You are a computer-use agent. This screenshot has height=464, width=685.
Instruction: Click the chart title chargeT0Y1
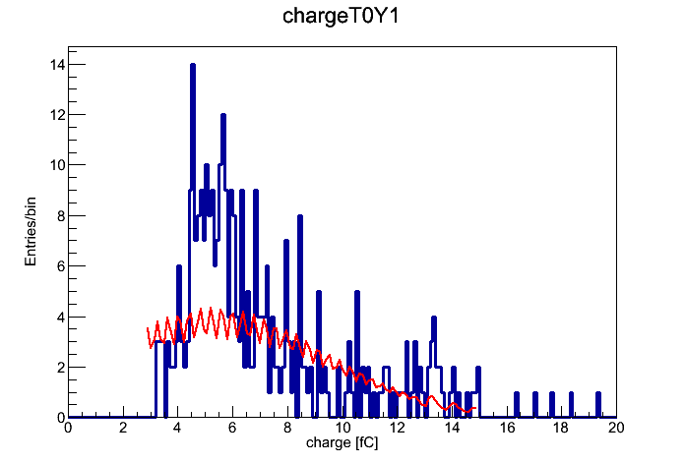click(x=341, y=17)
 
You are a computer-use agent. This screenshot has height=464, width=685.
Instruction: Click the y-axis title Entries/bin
click(x=31, y=232)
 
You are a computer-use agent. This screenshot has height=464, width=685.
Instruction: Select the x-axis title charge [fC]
click(x=342, y=442)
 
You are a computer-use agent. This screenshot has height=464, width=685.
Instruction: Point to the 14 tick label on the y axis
click(x=57, y=65)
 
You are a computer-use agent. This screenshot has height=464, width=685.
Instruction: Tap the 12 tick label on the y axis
click(x=57, y=115)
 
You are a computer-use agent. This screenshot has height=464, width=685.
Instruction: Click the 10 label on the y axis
click(x=57, y=165)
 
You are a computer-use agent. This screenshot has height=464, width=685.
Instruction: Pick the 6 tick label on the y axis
click(x=61, y=266)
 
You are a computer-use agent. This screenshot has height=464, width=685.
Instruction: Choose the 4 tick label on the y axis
click(x=61, y=318)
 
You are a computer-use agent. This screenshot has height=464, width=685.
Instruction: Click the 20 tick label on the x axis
click(x=616, y=428)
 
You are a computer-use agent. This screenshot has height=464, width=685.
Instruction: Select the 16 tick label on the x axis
click(x=507, y=428)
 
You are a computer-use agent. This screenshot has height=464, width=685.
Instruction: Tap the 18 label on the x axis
click(x=561, y=428)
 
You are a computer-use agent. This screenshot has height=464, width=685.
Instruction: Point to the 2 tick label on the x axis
click(x=123, y=428)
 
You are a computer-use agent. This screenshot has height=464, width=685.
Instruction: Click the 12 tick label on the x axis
click(x=397, y=428)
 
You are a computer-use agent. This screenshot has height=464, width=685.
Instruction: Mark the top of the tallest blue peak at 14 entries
click(x=193, y=65)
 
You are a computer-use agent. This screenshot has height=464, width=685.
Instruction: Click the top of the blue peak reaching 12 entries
click(x=223, y=115)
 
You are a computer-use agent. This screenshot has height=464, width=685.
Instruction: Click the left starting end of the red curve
click(x=148, y=327)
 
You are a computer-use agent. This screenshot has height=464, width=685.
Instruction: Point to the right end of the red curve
click(x=475, y=408)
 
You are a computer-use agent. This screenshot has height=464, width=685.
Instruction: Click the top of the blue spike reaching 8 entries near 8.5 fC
click(x=300, y=216)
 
